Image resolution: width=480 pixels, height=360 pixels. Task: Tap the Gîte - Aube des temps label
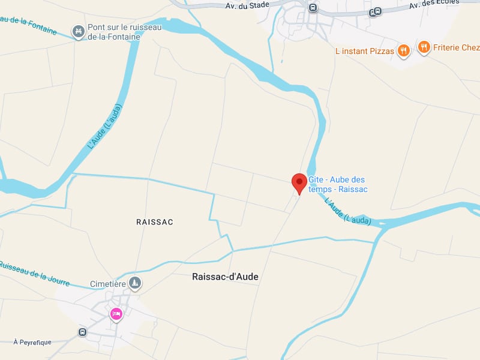tap(337, 184)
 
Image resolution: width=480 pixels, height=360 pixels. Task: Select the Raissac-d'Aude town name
tap(225, 277)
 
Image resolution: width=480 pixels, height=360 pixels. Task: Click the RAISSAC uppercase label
tap(155, 222)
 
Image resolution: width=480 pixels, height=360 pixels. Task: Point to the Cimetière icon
tap(136, 283)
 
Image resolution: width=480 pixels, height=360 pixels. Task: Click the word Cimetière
tap(107, 284)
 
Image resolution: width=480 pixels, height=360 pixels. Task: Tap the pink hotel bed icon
tap(116, 314)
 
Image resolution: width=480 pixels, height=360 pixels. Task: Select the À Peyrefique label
tap(32, 342)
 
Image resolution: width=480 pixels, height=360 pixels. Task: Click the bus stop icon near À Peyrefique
tap(82, 332)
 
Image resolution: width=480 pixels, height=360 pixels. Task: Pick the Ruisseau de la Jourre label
tap(35, 274)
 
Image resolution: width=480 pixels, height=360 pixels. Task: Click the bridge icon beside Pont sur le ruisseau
tap(77, 31)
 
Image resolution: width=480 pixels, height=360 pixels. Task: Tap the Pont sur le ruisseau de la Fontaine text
tap(114, 32)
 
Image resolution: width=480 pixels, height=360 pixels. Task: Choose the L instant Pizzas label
tap(365, 51)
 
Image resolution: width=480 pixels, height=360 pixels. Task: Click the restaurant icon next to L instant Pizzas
tap(403, 51)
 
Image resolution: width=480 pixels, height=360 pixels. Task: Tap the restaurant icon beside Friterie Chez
tap(424, 47)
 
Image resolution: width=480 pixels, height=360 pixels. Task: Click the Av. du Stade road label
tap(247, 6)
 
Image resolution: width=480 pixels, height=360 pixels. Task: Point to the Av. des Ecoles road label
tap(433, 4)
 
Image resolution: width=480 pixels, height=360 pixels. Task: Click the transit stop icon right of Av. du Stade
tap(313, 7)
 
